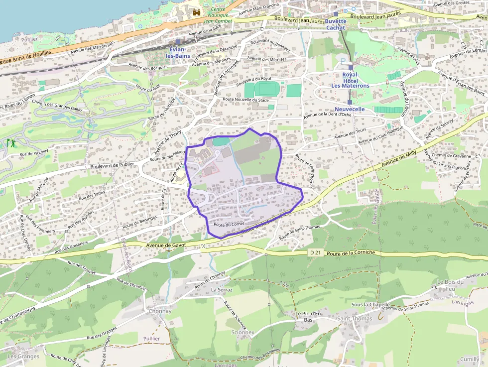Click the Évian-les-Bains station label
click(178, 52)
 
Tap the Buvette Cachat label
click(336, 24)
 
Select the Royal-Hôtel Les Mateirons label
click(351, 80)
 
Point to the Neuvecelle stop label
click(350, 109)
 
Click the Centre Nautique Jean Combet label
click(218, 15)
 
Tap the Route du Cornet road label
click(228, 225)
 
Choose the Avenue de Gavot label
click(166, 245)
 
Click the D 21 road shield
click(315, 253)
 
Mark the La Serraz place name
click(222, 289)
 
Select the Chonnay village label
click(160, 311)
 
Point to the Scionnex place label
click(243, 332)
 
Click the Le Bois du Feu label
click(450, 285)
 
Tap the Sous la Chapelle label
click(370, 304)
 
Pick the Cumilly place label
click(469, 359)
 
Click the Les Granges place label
click(23, 356)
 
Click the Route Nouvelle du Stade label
click(246, 100)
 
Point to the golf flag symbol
click(10, 143)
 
